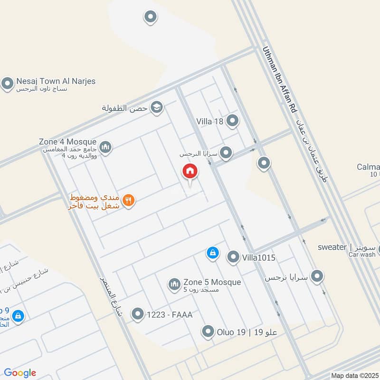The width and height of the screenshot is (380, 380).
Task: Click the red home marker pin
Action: (x=190, y=172)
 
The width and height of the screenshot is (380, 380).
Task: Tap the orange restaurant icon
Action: (x=128, y=200)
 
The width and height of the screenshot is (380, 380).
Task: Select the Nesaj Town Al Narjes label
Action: (x=56, y=81)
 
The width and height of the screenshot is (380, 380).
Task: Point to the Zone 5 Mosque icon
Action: (x=174, y=285)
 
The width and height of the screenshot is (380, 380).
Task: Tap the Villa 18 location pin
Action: (x=232, y=121)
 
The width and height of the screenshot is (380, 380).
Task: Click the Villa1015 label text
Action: (x=259, y=257)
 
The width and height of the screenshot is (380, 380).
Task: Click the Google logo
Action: (x=20, y=373)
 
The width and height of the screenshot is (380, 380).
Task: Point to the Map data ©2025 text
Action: (x=354, y=375)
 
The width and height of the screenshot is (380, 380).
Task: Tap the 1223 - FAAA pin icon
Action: (x=137, y=313)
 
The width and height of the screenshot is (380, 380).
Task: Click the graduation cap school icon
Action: (x=156, y=108)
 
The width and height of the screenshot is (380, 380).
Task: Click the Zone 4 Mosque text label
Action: (x=68, y=142)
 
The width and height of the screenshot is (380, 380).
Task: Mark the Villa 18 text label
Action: (x=209, y=122)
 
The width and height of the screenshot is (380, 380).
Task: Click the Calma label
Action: (x=369, y=167)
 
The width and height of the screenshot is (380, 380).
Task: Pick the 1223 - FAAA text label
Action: (x=170, y=314)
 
